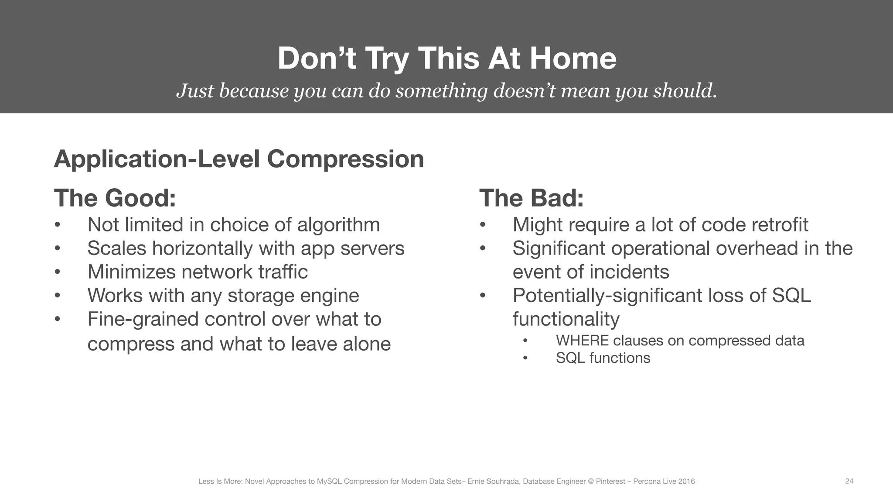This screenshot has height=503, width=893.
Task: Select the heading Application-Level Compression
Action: point(239,159)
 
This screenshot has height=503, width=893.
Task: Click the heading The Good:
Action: point(115,198)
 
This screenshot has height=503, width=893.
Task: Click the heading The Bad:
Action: point(531,198)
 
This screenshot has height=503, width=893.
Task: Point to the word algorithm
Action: point(338,225)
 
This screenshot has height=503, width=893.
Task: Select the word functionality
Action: point(566,319)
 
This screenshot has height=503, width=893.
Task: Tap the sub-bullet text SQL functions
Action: point(603,358)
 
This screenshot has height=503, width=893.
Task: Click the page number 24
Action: point(849,481)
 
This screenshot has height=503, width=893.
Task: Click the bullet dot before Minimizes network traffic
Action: point(57,272)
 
